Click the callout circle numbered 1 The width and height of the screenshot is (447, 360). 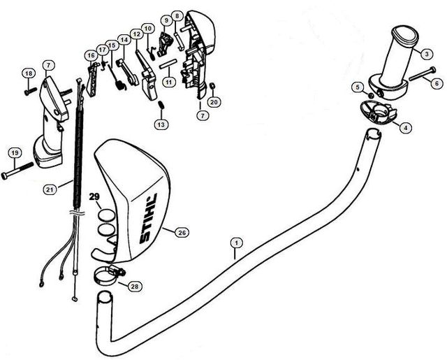tap(237, 243)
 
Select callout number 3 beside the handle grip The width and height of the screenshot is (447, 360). tap(426, 52)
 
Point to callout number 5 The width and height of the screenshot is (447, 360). tap(358, 87)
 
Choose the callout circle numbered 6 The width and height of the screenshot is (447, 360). tap(437, 83)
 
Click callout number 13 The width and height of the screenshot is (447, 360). tap(161, 124)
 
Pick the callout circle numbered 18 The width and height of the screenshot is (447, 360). tap(29, 73)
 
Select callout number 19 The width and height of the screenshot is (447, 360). tap(13, 153)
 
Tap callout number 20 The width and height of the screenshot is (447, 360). tap(214, 102)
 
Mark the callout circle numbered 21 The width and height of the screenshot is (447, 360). tap(49, 189)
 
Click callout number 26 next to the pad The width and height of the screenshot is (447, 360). tap(182, 232)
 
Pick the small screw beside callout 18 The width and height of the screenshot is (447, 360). tap(29, 90)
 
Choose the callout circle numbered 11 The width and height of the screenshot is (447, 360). tap(168, 82)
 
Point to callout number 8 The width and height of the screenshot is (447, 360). tap(177, 15)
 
